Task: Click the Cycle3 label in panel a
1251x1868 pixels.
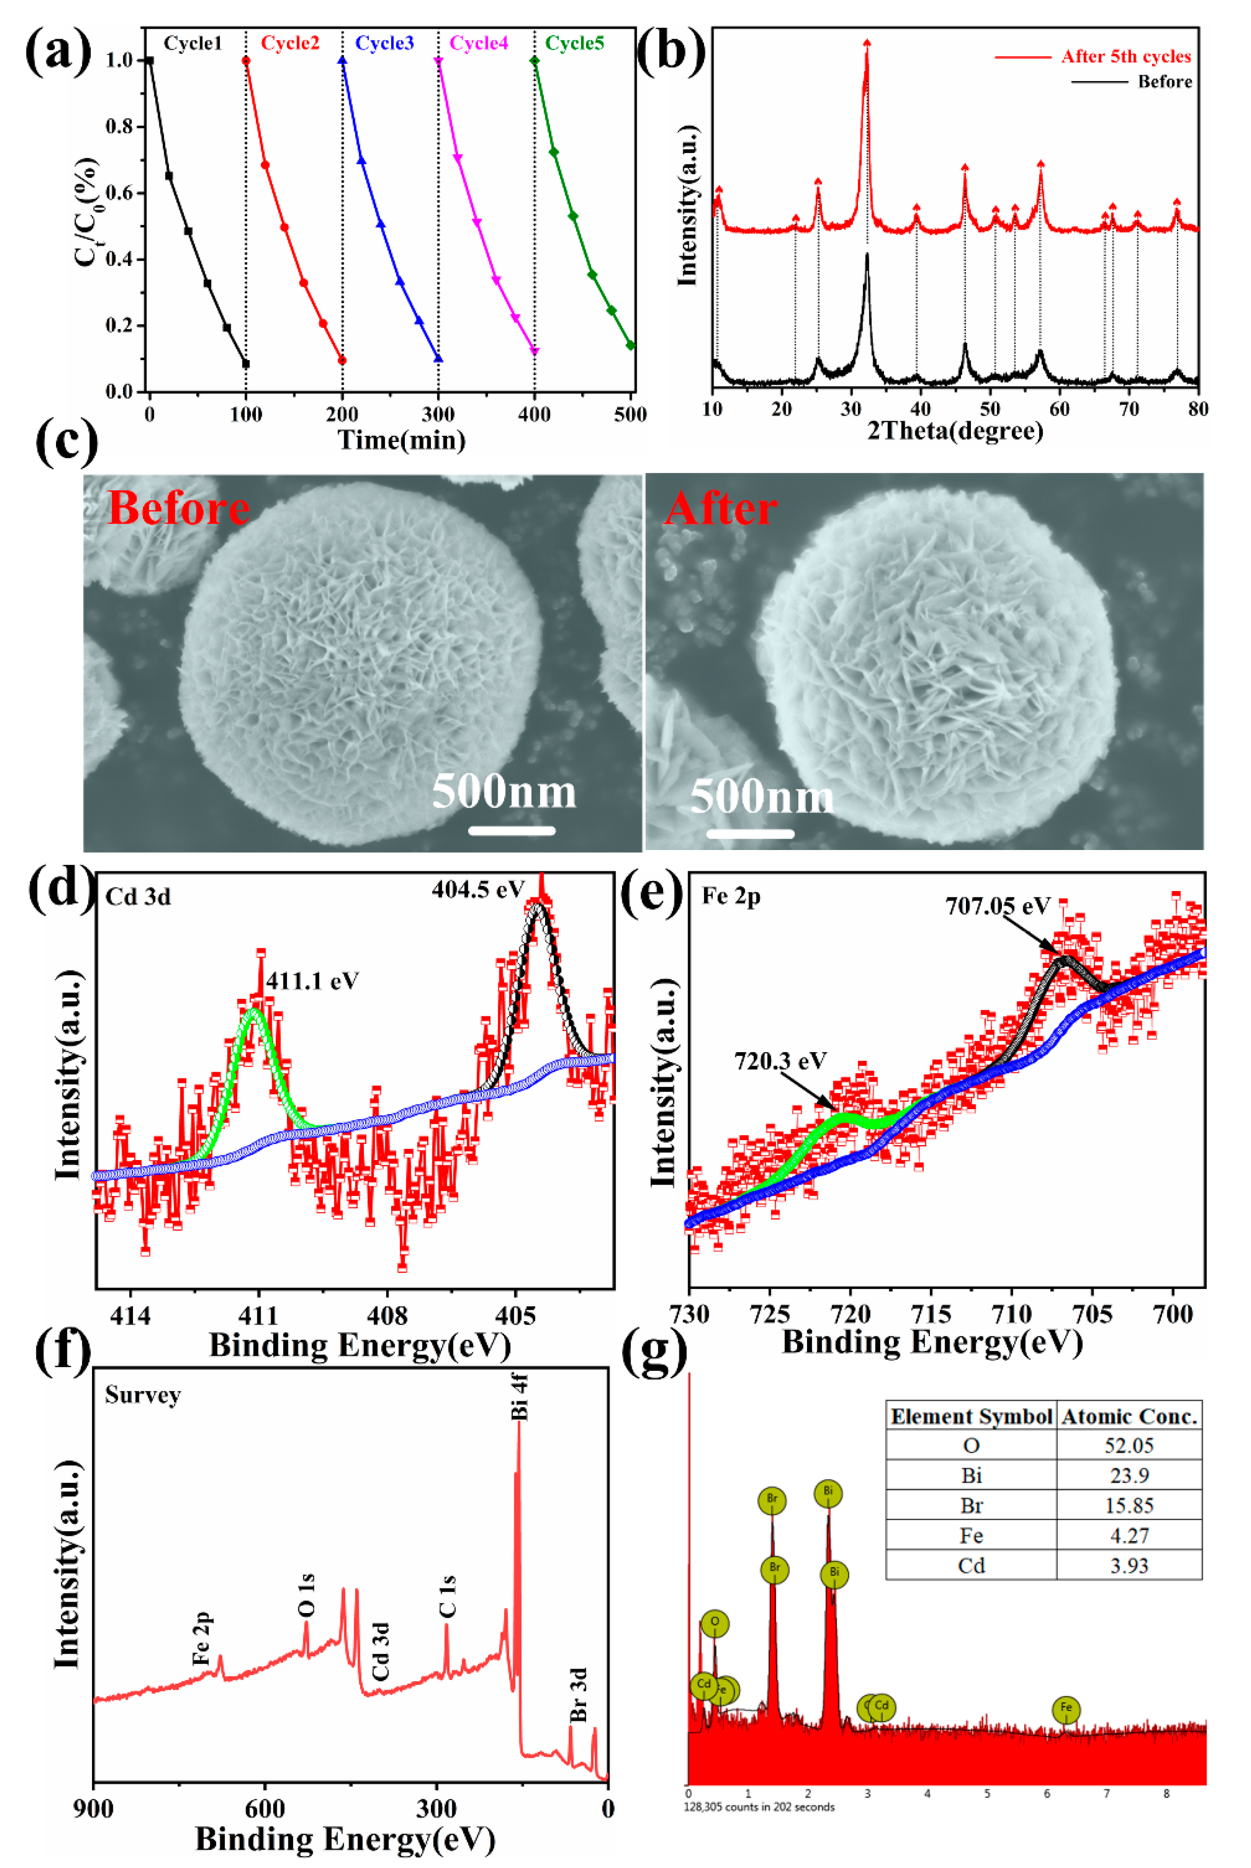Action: coord(384,43)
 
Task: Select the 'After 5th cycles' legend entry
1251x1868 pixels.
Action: coord(1125,56)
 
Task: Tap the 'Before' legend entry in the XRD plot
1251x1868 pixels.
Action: coord(1164,82)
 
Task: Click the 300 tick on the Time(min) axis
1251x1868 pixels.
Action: coord(438,414)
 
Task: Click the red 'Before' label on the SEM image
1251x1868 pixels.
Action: coord(178,508)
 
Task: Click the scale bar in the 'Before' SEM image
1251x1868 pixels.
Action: coord(511,830)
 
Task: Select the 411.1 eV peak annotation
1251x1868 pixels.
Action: coord(312,980)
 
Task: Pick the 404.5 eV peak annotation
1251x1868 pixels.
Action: coord(478,889)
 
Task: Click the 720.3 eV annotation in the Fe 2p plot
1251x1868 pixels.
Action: coord(780,1061)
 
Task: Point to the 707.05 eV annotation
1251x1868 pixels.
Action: coord(997,906)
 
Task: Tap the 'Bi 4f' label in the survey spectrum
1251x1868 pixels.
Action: coord(519,1397)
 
